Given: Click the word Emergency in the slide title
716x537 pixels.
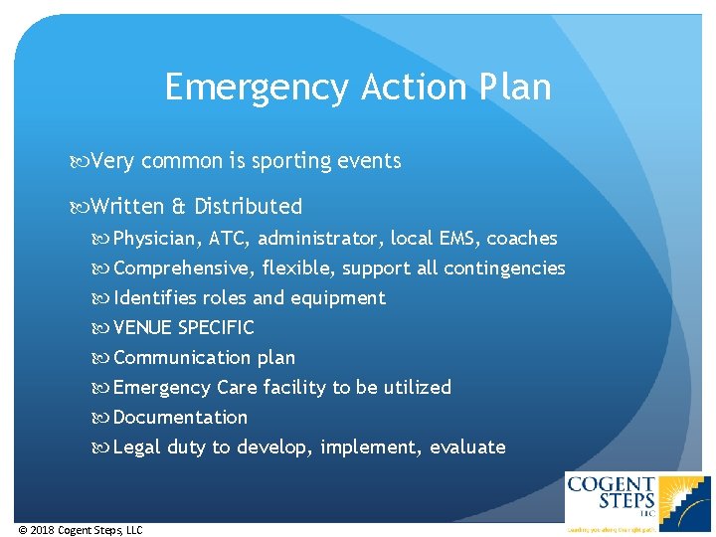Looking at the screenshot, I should [x=257, y=88].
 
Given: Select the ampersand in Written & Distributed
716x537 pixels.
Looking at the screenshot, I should [x=179, y=207].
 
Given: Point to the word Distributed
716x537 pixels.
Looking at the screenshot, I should [x=248, y=207].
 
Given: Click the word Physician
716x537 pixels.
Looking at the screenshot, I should [x=156, y=239].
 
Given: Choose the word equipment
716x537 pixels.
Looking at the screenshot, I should [x=337, y=298].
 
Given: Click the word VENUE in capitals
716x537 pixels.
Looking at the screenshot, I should [x=143, y=328].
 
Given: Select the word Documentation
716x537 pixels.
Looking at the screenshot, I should [x=180, y=418].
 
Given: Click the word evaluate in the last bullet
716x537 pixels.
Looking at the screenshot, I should [x=467, y=447].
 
